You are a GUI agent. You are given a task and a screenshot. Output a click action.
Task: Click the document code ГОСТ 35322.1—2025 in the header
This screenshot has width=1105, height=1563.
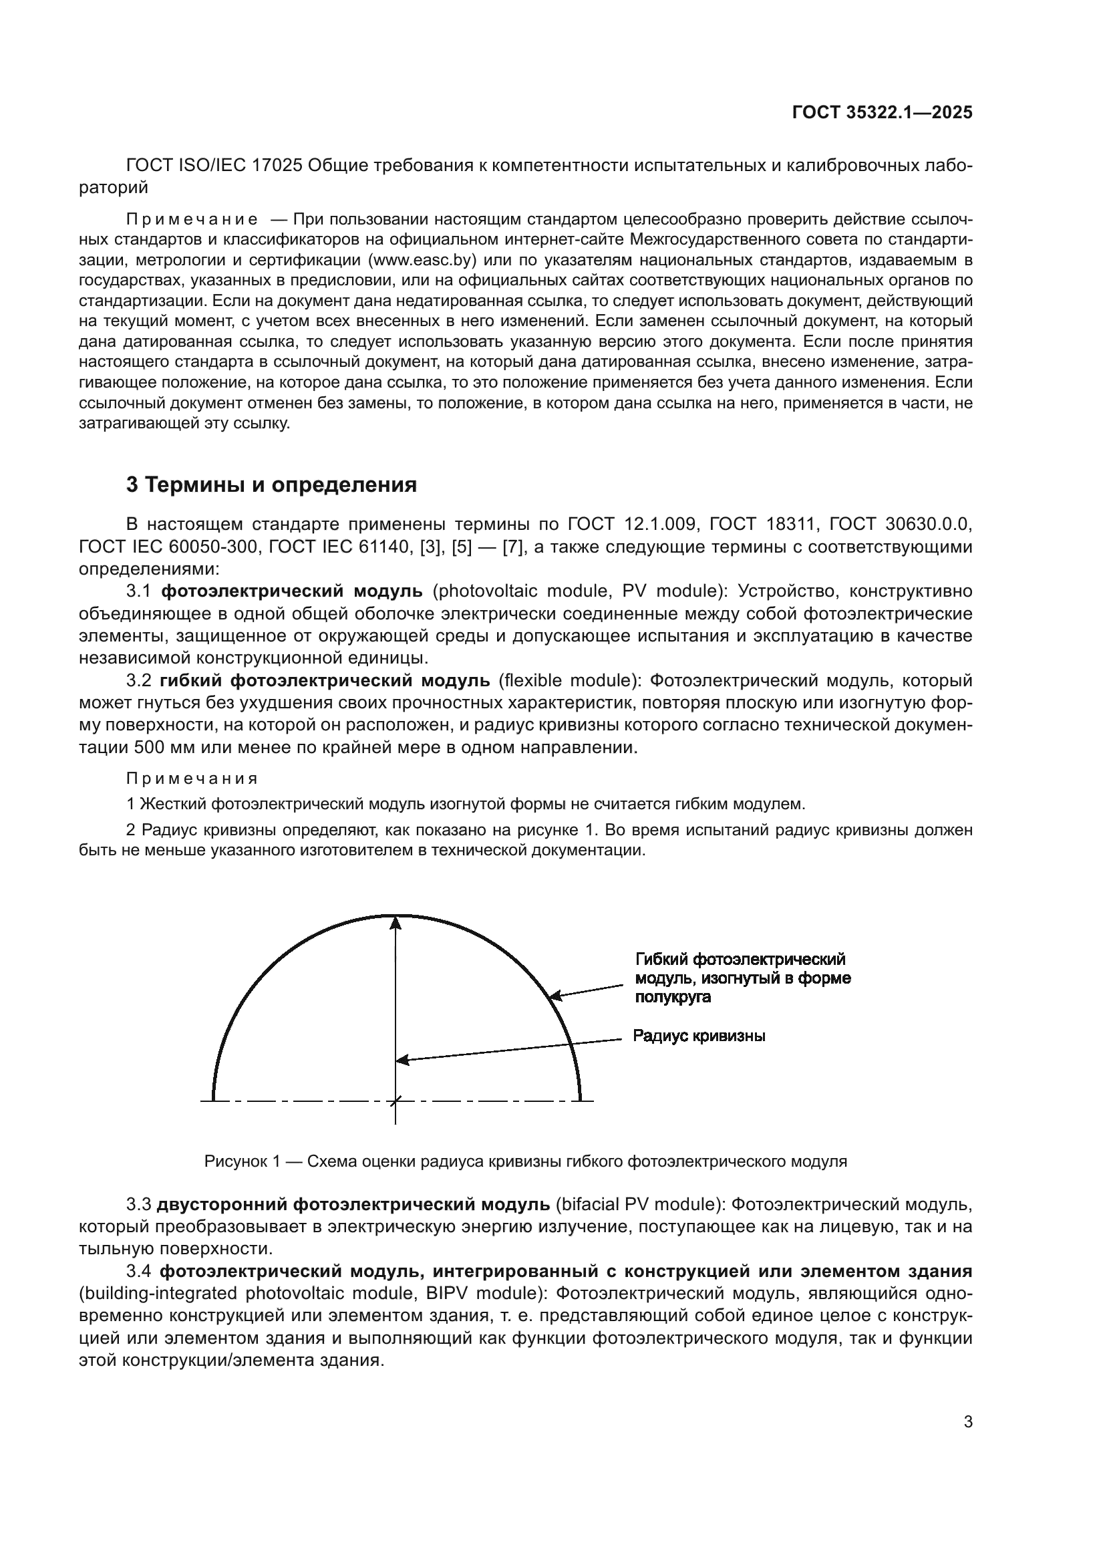click(882, 113)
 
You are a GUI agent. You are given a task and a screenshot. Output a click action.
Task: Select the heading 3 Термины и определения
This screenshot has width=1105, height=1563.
click(271, 484)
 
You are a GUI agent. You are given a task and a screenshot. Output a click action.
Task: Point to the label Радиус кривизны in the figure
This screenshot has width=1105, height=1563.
click(699, 1036)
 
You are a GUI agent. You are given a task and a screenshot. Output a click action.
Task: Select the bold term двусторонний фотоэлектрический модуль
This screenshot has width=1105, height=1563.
click(353, 1204)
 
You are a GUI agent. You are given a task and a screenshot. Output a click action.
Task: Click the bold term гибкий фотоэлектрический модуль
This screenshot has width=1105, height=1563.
click(325, 680)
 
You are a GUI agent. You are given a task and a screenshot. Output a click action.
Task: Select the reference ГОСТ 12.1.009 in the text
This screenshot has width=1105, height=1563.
click(632, 524)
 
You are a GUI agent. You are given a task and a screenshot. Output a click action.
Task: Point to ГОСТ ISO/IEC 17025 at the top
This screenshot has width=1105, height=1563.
click(214, 166)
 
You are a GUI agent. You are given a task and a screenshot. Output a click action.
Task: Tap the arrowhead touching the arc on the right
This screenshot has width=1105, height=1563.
click(555, 996)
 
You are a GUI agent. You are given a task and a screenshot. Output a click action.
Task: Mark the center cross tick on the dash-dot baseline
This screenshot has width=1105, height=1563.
click(396, 1100)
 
